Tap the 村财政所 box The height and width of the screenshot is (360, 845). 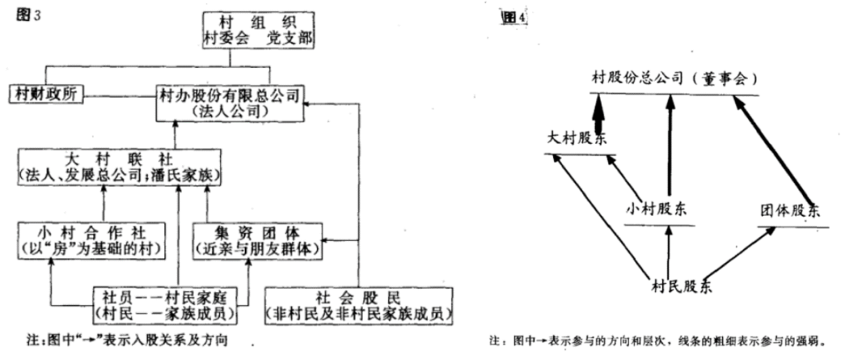(x=45, y=95)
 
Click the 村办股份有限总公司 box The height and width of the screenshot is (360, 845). (x=228, y=103)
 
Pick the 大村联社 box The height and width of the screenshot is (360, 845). (x=117, y=167)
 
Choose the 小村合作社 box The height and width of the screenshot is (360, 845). (x=92, y=239)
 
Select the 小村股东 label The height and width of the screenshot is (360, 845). (x=660, y=209)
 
